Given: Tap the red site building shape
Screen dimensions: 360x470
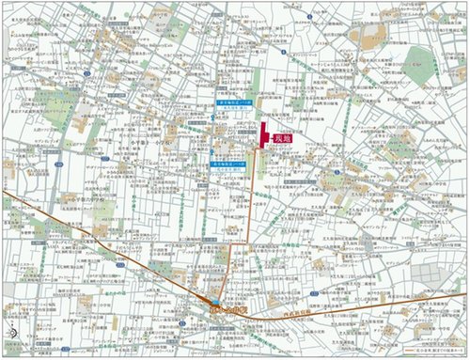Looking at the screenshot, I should pyautogui.click(x=264, y=134).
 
